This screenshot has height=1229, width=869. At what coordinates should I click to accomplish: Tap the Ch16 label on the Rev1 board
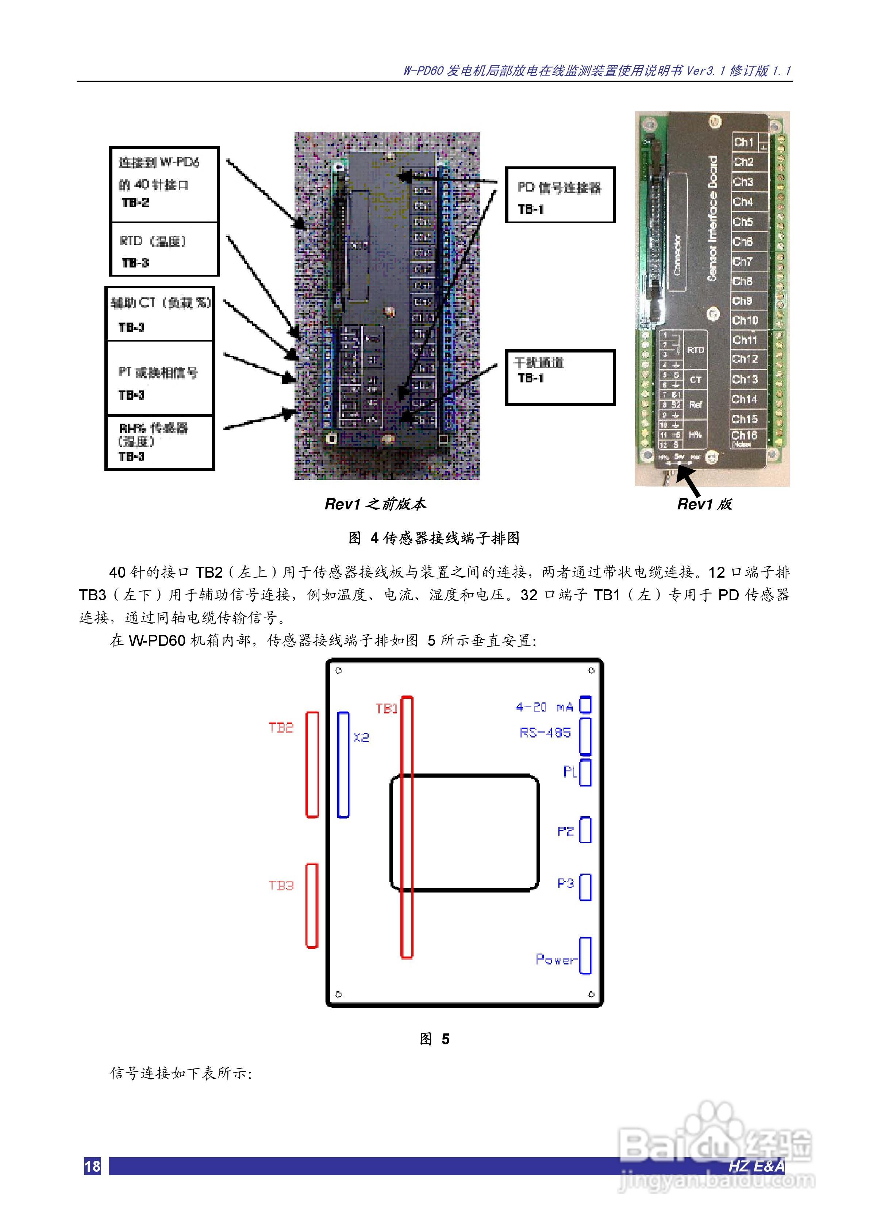point(744,436)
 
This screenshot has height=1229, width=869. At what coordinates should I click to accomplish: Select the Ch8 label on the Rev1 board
point(743,281)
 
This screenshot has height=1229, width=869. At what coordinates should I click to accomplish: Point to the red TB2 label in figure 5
point(281,728)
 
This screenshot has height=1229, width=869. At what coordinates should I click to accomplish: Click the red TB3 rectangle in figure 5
point(312,905)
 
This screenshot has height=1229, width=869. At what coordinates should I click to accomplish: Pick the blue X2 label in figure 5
point(361,737)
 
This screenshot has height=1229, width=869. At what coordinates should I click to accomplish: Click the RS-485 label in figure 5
point(545,733)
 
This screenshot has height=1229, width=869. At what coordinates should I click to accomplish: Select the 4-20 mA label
point(544,708)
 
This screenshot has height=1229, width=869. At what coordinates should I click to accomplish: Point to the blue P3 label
point(565,883)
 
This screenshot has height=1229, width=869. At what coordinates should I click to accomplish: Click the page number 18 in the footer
point(92,1166)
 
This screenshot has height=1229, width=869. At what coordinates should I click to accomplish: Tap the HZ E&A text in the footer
point(756,1166)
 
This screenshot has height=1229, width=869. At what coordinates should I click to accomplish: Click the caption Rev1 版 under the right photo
point(704,504)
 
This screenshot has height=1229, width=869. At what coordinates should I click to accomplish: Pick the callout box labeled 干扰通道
point(560,377)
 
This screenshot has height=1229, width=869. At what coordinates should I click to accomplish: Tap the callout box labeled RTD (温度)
point(164,250)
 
